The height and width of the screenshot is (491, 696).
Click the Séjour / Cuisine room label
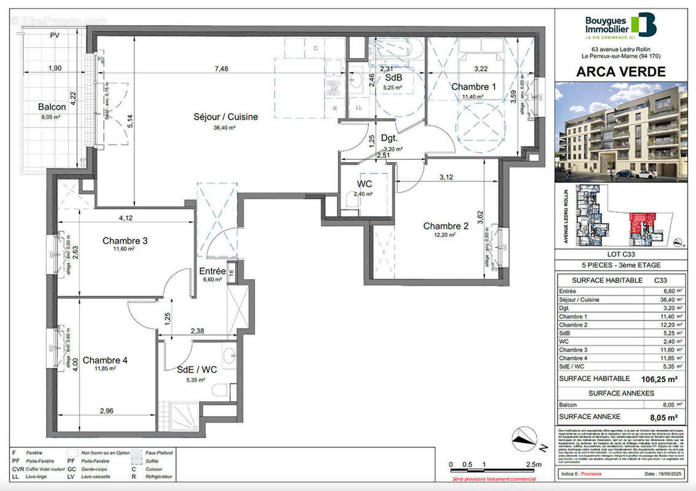(x=225, y=117)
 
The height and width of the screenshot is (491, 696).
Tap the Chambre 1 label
(x=473, y=87)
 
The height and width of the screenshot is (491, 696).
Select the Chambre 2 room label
(x=446, y=226)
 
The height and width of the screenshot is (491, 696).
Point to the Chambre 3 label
(x=125, y=241)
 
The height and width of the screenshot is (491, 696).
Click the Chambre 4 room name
(x=105, y=360)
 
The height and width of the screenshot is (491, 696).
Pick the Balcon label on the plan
(x=52, y=107)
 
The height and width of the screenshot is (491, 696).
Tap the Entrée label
(x=212, y=271)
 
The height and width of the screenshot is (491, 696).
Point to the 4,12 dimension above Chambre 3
(x=126, y=217)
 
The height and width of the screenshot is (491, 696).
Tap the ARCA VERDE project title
(x=621, y=72)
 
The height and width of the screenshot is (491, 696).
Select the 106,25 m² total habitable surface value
(x=659, y=379)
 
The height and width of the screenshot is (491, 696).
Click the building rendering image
(x=621, y=133)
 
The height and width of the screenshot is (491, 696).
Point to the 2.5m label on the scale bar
(x=534, y=465)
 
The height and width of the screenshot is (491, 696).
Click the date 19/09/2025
(x=664, y=474)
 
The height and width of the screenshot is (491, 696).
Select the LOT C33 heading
(x=621, y=255)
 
